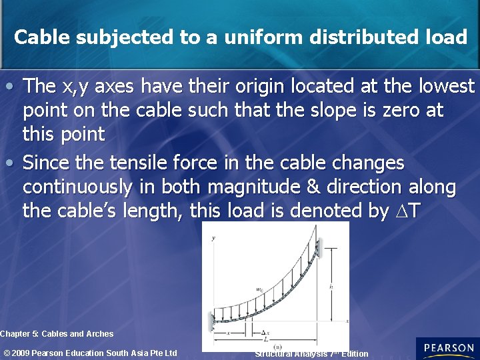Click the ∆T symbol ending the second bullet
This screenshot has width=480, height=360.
[408, 211]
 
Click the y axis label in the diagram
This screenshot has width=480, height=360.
[213, 237]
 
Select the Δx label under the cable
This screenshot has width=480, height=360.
[266, 331]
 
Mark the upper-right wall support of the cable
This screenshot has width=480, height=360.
[319, 250]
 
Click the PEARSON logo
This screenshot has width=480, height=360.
[448, 348]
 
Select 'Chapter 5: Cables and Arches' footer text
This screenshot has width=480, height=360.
[57, 333]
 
